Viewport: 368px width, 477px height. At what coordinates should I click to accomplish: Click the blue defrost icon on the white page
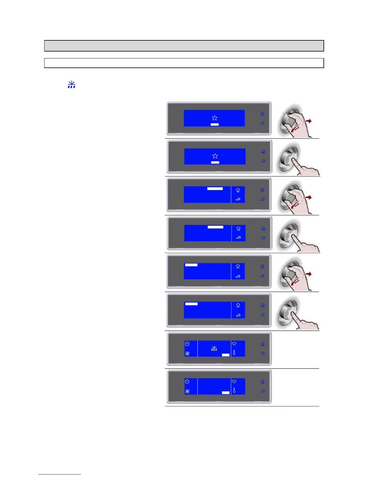[71, 85]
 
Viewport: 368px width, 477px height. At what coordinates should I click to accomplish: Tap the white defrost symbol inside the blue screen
[214, 348]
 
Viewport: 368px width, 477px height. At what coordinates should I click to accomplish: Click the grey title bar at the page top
[184, 46]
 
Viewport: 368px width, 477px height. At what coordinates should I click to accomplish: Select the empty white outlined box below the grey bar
[184, 63]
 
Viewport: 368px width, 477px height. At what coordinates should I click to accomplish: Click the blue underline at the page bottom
[60, 474]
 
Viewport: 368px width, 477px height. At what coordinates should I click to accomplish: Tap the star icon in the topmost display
[214, 118]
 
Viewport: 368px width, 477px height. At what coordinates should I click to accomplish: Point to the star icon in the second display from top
[215, 156]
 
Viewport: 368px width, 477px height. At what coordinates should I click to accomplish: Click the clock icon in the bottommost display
[187, 382]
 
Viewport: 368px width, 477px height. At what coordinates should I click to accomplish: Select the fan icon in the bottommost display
[187, 391]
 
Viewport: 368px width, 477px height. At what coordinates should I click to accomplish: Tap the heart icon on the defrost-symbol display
[234, 344]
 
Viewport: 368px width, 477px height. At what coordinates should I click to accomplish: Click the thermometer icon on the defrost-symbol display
[234, 352]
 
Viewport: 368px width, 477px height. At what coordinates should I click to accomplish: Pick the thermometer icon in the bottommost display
[234, 390]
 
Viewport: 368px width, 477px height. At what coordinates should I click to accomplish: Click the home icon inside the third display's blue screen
[238, 190]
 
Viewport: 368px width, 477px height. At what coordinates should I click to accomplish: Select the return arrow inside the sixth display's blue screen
[238, 315]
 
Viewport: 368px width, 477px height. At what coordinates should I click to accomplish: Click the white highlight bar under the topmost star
[215, 124]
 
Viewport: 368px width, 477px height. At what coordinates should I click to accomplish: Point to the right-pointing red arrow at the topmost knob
[308, 121]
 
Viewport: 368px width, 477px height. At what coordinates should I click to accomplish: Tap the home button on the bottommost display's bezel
[262, 382]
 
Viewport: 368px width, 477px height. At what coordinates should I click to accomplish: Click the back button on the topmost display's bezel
[262, 123]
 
